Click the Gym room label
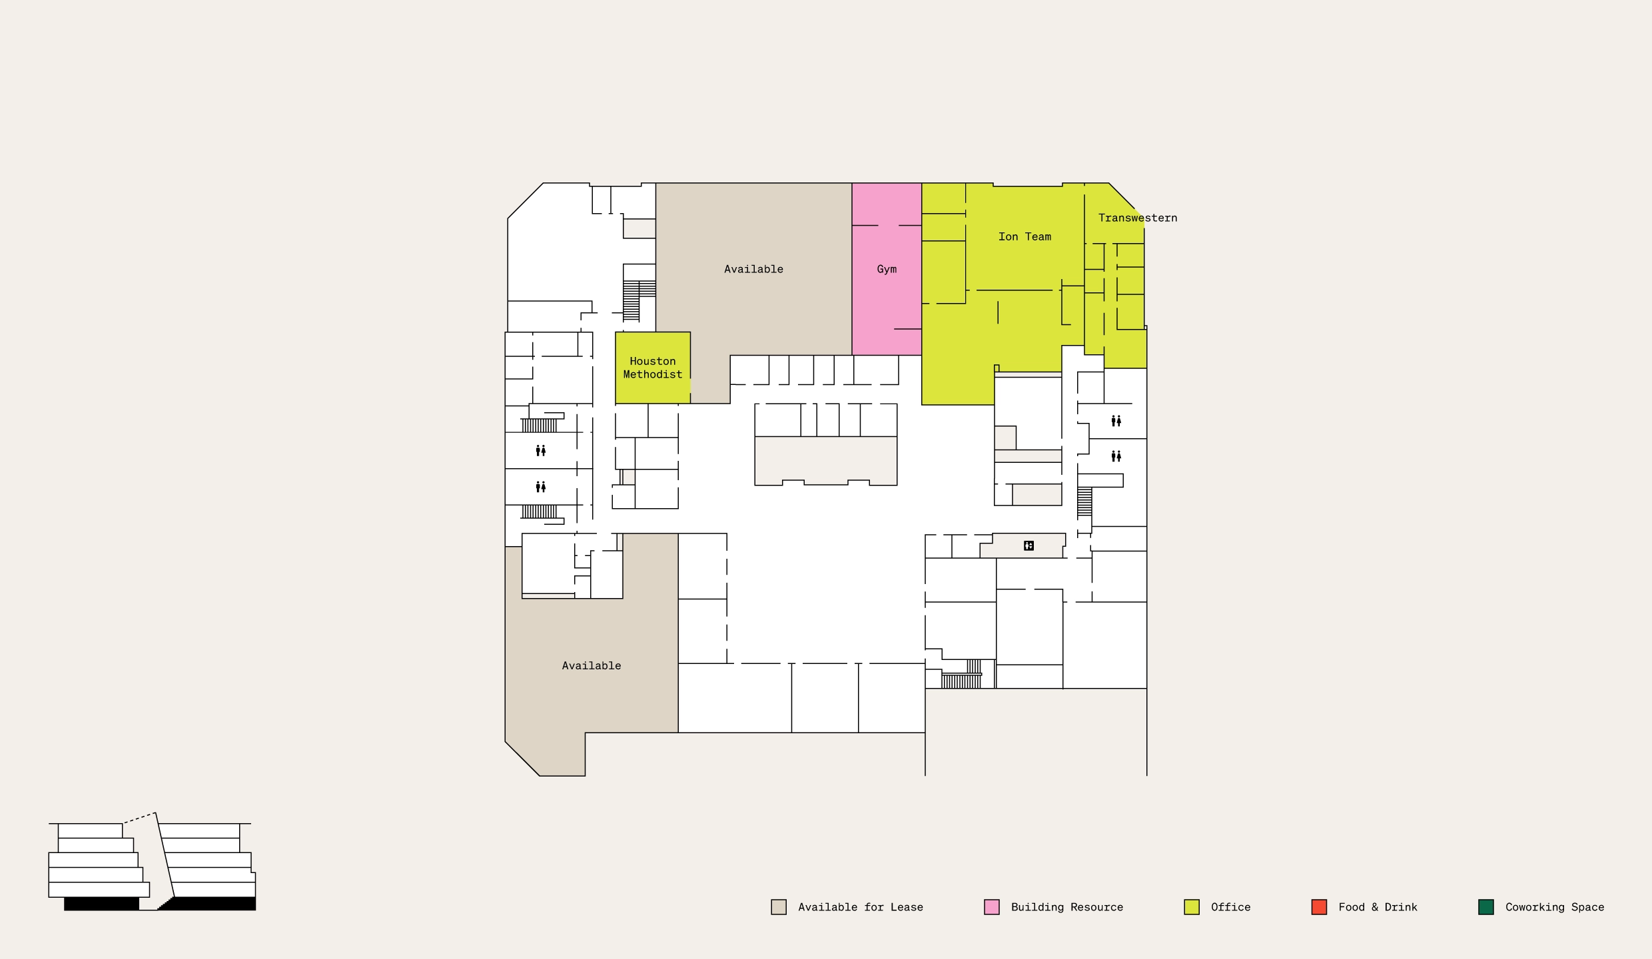(x=887, y=269)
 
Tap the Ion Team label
(x=1025, y=236)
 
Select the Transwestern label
(x=1138, y=218)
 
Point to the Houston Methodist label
(x=653, y=368)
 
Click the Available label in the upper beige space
(x=753, y=269)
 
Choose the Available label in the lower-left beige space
(x=592, y=665)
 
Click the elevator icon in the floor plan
(x=1029, y=546)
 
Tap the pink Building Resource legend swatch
(x=992, y=907)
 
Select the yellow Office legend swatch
(x=1192, y=907)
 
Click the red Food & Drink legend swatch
(x=1319, y=907)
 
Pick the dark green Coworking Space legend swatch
(x=1486, y=907)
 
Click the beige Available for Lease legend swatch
(x=779, y=907)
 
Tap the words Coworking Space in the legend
(x=1555, y=907)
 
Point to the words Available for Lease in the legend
(x=861, y=907)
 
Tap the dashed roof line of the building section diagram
(x=139, y=818)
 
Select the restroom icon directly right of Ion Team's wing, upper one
(x=1116, y=421)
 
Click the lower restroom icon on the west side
(x=541, y=487)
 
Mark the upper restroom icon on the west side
(x=541, y=451)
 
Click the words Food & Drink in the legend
(x=1378, y=907)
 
